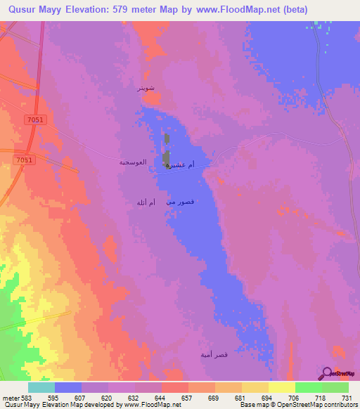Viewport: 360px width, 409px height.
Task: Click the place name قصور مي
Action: click(179, 202)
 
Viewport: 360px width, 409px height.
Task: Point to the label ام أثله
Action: click(146, 202)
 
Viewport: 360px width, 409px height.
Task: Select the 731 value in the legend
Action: click(346, 397)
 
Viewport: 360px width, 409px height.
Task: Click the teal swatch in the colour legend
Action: click(41, 387)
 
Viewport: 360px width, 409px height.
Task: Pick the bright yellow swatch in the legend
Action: click(281, 387)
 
